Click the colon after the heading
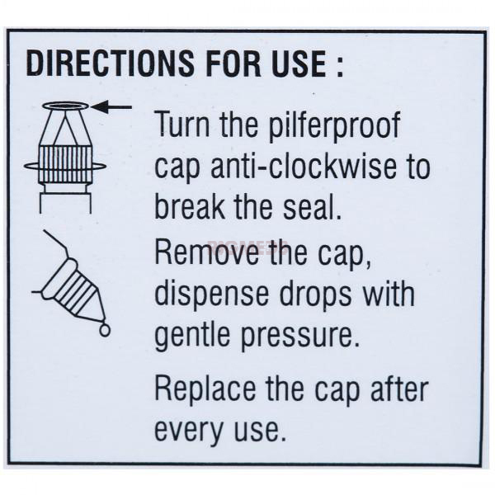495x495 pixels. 340,67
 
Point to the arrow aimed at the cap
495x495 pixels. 111,107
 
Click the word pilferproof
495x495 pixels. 335,125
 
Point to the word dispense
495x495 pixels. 211,295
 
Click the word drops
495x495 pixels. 316,295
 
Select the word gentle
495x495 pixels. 192,336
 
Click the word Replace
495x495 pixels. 205,389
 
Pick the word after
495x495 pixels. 399,388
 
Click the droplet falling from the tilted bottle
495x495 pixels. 105,330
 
